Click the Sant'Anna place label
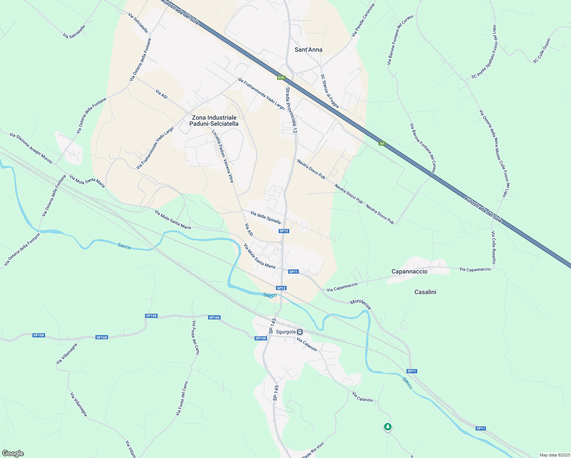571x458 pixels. coord(308,50)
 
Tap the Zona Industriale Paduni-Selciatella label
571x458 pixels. coord(214,121)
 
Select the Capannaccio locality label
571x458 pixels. coord(410,271)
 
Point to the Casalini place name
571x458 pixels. coord(425,292)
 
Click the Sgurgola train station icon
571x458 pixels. coord(300,332)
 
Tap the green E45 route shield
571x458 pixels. coord(281,77)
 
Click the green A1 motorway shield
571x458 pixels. coord(382,144)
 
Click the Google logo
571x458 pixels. coord(13,453)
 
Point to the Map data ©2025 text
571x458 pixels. coord(554,455)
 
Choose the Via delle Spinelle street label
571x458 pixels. coord(266,218)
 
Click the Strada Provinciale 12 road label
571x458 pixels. coord(291,110)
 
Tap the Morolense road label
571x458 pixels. coord(360,305)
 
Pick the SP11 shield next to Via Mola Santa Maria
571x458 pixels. coord(293,272)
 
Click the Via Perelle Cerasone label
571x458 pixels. coord(363,20)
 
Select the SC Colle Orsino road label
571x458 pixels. coord(542,50)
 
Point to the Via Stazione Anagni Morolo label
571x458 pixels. coord(31,148)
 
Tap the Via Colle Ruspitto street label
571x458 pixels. coord(494,247)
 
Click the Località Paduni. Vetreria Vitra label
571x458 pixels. coord(223,156)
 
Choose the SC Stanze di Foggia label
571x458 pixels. coord(329,91)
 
